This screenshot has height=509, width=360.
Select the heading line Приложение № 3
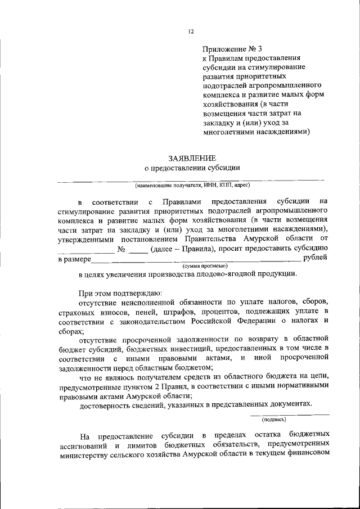[x=233, y=48]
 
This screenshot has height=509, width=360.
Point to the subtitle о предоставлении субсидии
[x=192, y=167]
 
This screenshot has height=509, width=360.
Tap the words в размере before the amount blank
[x=74, y=259]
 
